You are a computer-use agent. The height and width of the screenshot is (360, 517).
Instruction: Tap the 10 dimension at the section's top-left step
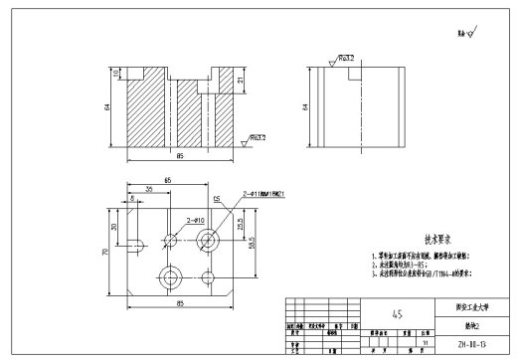point(115,74)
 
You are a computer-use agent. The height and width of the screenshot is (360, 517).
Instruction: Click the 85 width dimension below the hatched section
point(179,156)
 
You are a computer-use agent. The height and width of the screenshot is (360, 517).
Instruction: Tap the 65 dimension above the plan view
point(167,179)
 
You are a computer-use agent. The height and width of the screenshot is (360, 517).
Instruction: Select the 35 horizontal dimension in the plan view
point(148,189)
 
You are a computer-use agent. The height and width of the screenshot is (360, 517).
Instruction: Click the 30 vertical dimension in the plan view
point(114,226)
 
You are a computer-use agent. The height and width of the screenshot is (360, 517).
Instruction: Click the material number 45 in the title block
point(398,313)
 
